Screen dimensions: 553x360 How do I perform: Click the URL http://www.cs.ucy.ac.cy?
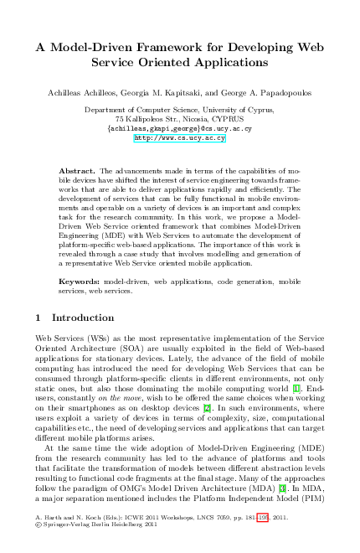tap(180, 138)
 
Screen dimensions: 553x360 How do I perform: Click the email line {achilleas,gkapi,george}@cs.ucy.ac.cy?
tap(180, 129)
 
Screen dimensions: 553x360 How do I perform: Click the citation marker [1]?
tap(296, 389)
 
